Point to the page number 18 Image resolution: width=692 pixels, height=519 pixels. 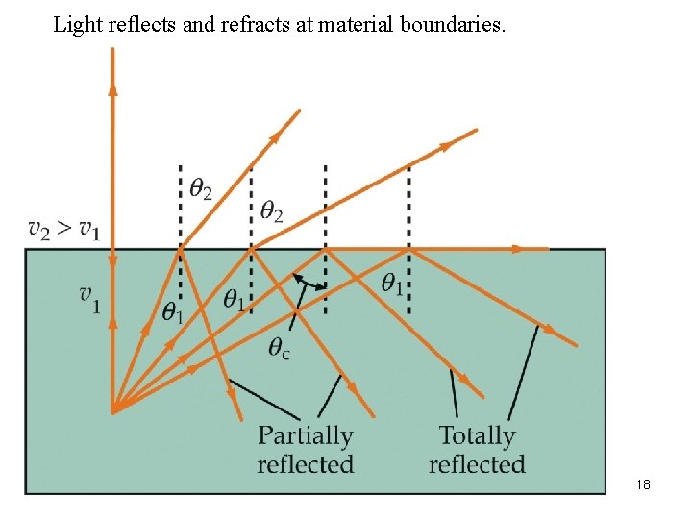[x=643, y=484]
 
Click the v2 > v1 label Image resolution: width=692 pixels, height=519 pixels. [x=64, y=229]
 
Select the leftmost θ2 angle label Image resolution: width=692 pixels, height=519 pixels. [x=201, y=189]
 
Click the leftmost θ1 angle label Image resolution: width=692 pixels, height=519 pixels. [x=173, y=311]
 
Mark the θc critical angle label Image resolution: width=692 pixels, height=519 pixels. [x=280, y=349]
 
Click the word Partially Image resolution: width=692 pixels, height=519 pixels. [x=306, y=436]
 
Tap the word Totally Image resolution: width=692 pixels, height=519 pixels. [x=478, y=436]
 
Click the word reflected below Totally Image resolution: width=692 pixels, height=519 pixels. [x=477, y=464]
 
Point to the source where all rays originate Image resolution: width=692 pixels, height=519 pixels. [x=113, y=410]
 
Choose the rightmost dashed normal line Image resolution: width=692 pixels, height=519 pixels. [x=409, y=240]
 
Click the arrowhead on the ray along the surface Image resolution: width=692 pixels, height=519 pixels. [x=518, y=249]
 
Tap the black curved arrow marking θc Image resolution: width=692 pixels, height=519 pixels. [x=307, y=282]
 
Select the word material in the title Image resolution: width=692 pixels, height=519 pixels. [x=350, y=24]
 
